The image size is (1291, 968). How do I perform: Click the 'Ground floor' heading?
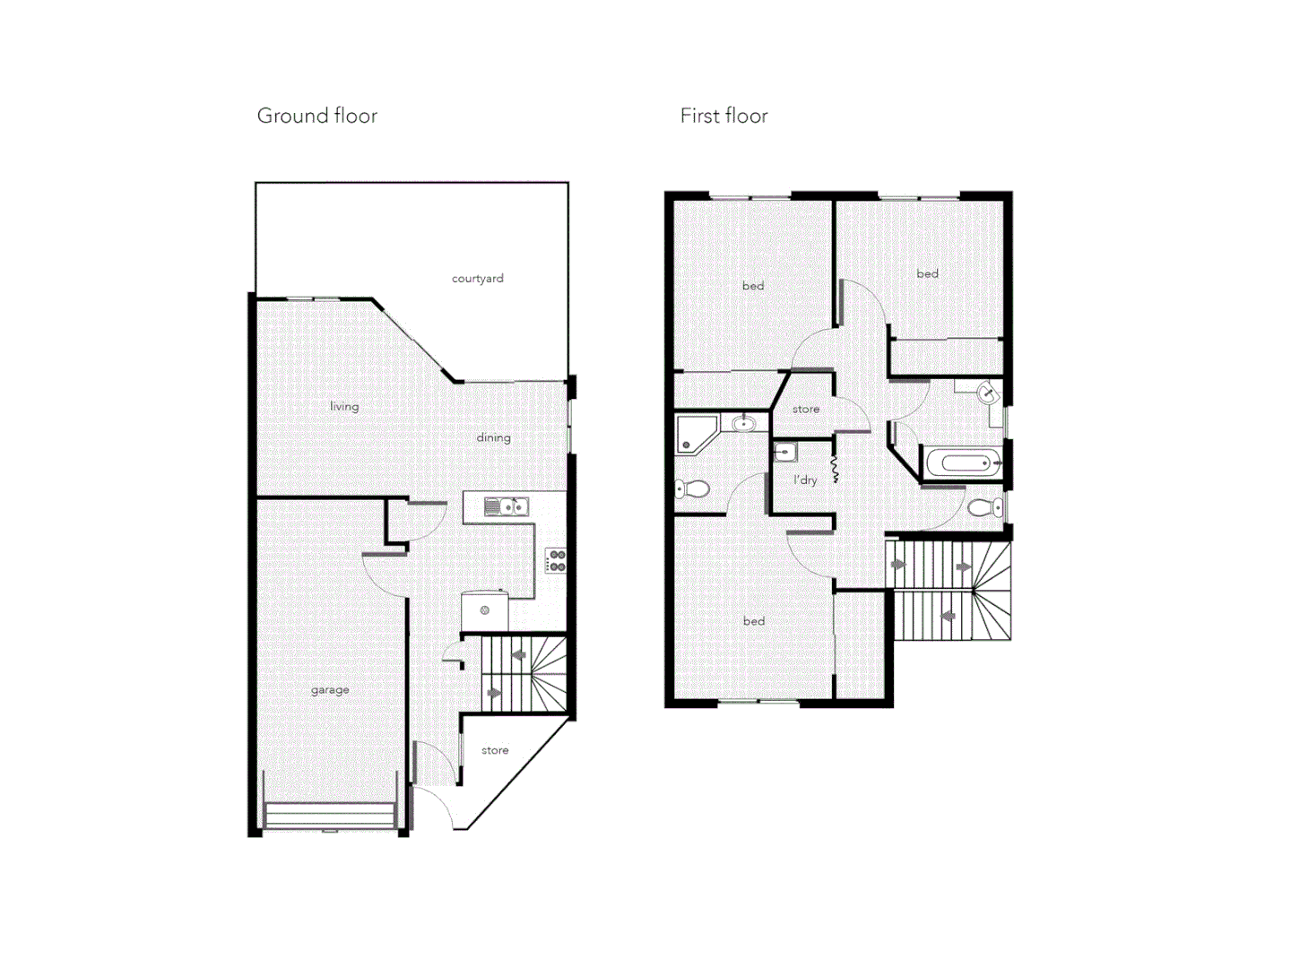[x=316, y=116]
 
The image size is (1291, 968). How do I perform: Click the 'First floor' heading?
[x=723, y=116]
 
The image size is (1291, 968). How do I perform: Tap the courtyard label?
[x=477, y=279]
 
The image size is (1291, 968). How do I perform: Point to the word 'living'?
[x=343, y=406]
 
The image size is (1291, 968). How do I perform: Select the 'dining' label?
[x=493, y=437]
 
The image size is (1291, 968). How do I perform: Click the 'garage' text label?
[x=330, y=690]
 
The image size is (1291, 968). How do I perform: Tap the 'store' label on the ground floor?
[x=494, y=750]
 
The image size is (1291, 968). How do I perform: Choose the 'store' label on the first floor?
[x=805, y=409]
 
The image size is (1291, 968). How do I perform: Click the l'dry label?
[x=805, y=480]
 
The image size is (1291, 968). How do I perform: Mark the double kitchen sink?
[x=505, y=507]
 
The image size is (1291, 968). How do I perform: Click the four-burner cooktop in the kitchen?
[x=556, y=561]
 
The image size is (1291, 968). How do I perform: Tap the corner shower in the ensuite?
[x=695, y=434]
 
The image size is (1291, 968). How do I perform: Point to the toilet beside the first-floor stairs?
[x=985, y=508]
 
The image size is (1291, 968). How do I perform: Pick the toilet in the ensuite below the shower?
[x=692, y=488]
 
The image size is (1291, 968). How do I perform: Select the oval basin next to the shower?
[x=743, y=423]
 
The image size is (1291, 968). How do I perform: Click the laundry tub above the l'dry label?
[x=785, y=451]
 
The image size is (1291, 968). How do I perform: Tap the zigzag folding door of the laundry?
[x=835, y=470]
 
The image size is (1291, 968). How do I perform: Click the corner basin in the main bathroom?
[x=987, y=393]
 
